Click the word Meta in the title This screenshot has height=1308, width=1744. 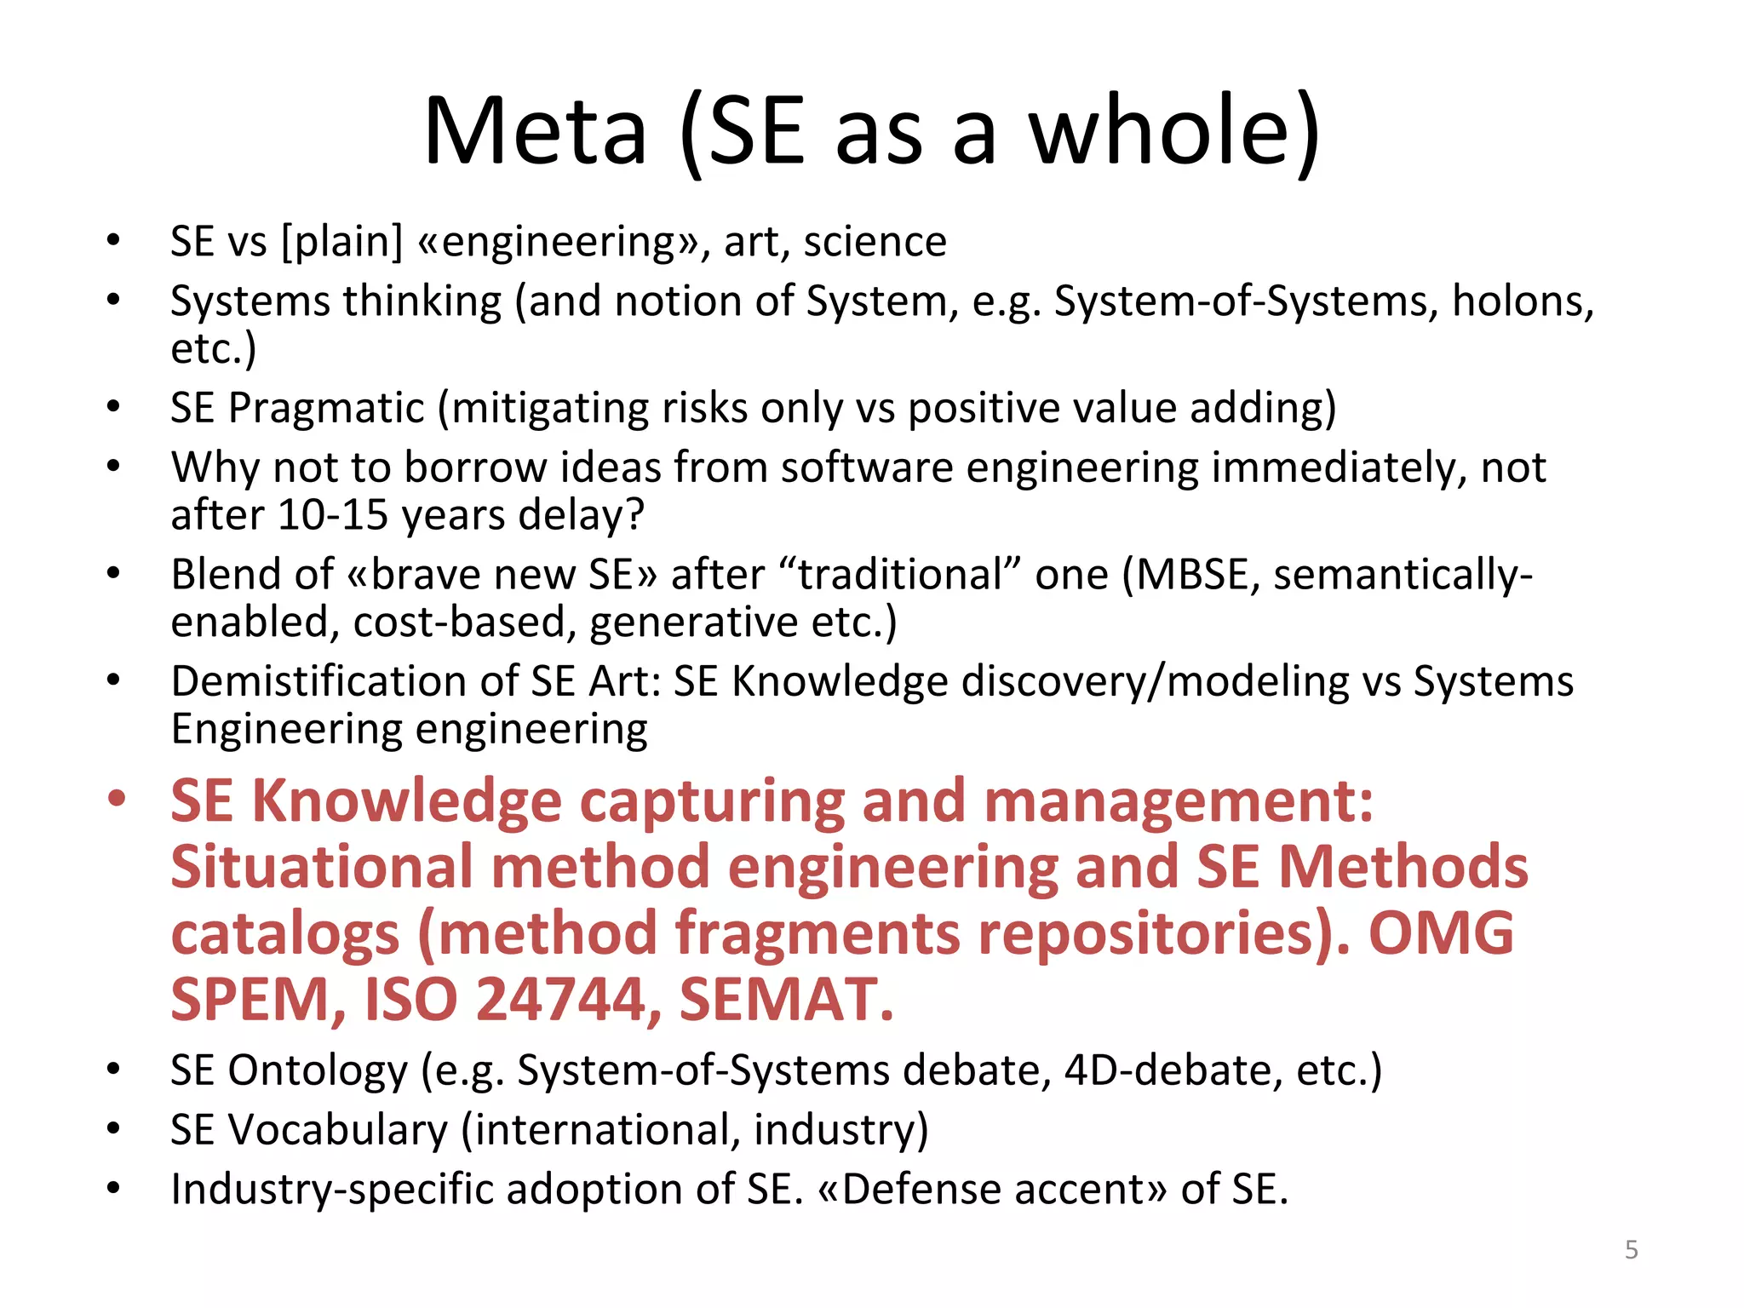[535, 132]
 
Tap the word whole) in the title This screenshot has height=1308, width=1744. [1175, 132]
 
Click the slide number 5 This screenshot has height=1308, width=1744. [1632, 1250]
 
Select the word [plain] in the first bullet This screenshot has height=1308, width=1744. [342, 242]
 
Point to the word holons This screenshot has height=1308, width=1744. [1521, 301]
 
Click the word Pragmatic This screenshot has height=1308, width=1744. [326, 408]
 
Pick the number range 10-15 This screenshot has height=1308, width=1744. [333, 515]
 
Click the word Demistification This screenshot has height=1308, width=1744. [344, 682]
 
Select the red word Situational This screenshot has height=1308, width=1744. [321, 867]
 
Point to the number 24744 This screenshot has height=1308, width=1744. [559, 999]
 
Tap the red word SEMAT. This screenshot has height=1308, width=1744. [786, 999]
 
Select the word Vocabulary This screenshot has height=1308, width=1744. [337, 1130]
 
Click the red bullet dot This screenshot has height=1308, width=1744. [116, 800]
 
